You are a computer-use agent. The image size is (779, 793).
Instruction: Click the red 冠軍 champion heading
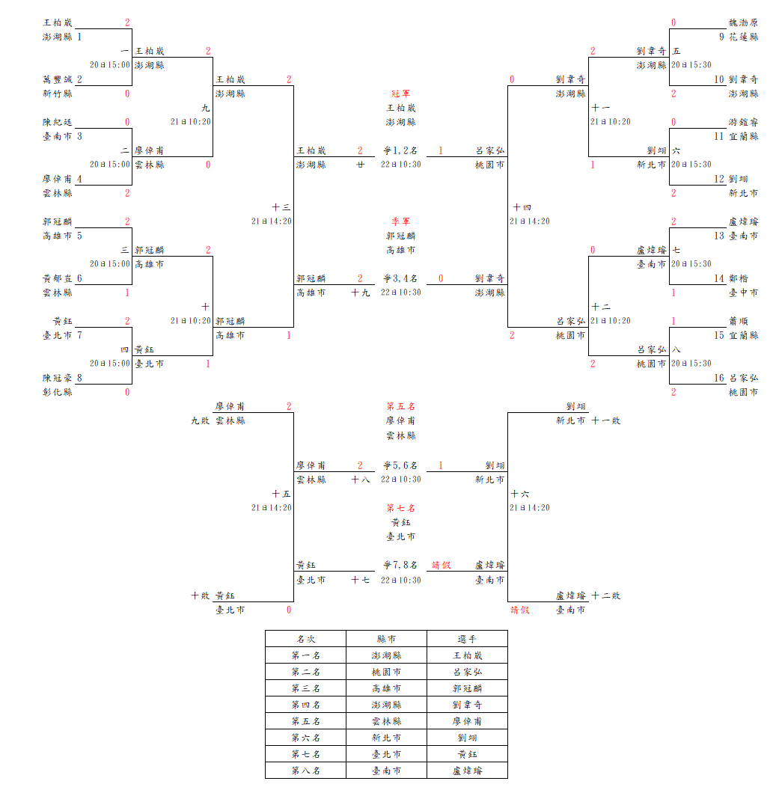pos(401,94)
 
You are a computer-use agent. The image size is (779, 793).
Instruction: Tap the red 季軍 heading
pos(401,221)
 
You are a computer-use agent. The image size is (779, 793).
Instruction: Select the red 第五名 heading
pos(401,406)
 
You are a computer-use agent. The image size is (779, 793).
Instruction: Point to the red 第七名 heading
pos(401,508)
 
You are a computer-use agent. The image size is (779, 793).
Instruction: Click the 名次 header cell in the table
pos(305,639)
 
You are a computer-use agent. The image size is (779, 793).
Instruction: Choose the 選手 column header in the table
pos(467,639)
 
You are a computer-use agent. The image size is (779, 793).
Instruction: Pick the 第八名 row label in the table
pos(305,771)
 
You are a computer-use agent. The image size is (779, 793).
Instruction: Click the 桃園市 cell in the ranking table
pos(386,672)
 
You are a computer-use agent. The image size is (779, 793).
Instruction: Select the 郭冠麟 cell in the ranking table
pos(467,688)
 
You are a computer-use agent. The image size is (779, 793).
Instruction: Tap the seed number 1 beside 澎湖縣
pos(79,37)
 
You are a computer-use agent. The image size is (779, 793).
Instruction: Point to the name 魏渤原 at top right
pos(743,22)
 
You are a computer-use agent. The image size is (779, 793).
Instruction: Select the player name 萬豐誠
pos(58,79)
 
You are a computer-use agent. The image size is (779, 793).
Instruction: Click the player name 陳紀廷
pos(58,122)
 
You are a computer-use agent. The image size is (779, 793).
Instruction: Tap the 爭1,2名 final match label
pos(401,150)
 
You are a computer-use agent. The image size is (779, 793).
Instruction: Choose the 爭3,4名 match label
pos(401,278)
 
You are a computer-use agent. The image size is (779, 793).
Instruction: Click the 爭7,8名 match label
pos(401,565)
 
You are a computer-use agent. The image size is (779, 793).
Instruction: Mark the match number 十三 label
pos(281,207)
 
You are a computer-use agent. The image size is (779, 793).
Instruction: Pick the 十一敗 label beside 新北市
pos(606,420)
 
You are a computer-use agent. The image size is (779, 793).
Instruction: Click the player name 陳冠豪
pos(58,378)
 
